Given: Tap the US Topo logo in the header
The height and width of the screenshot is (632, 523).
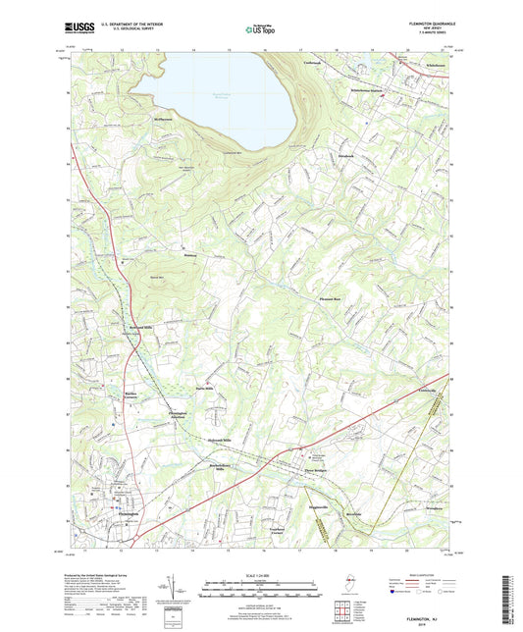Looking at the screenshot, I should point(260,29).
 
